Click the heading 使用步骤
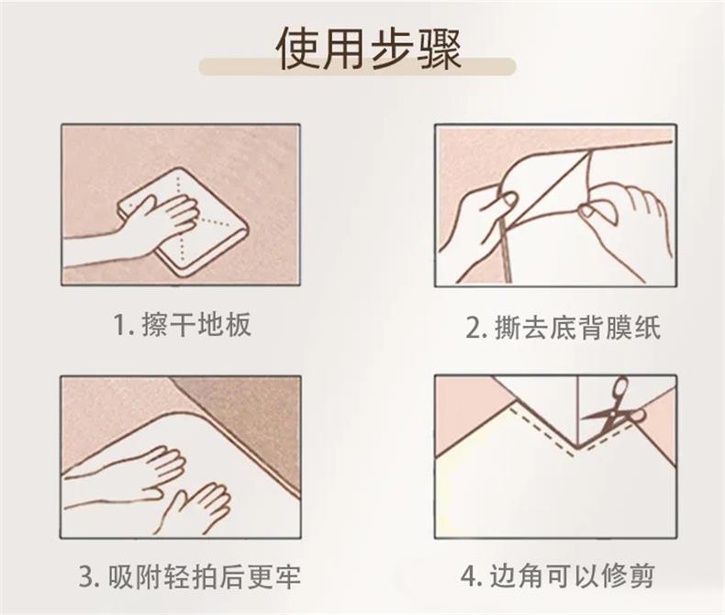click(x=369, y=49)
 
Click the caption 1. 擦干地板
click(x=183, y=324)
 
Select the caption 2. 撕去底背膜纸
click(x=563, y=328)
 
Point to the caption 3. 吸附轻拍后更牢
click(x=190, y=576)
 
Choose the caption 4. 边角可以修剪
click(x=558, y=576)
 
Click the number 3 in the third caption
click(x=86, y=577)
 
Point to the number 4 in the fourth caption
click(x=468, y=576)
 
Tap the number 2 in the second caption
click(x=473, y=329)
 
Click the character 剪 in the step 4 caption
click(x=642, y=576)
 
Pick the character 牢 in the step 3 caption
click(x=288, y=576)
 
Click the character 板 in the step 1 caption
click(x=239, y=324)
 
